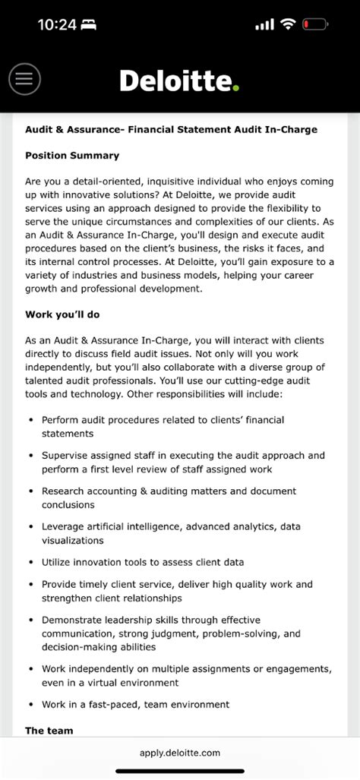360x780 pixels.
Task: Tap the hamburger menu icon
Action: pyautogui.click(x=24, y=78)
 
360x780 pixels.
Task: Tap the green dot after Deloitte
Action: pyautogui.click(x=235, y=88)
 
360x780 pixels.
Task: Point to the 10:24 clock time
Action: pyautogui.click(x=57, y=24)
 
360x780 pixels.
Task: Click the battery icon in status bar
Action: pyautogui.click(x=315, y=24)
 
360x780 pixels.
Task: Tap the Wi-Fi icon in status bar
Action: pyautogui.click(x=287, y=24)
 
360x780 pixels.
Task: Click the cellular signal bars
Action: pyautogui.click(x=264, y=24)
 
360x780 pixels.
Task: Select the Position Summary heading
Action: pyautogui.click(x=72, y=156)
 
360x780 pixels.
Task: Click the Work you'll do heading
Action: pyautogui.click(x=62, y=314)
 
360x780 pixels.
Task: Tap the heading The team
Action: pyautogui.click(x=49, y=731)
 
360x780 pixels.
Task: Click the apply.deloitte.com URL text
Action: pyautogui.click(x=180, y=753)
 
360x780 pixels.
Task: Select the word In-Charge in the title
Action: pyautogui.click(x=292, y=130)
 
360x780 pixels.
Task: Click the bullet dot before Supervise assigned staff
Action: pyautogui.click(x=30, y=456)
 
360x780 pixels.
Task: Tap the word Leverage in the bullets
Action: pyautogui.click(x=65, y=526)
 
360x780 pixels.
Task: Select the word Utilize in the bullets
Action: pyautogui.click(x=59, y=563)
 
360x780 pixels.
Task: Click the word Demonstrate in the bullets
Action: pyautogui.click(x=75, y=621)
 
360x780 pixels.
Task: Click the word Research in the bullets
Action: pyautogui.click(x=66, y=491)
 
